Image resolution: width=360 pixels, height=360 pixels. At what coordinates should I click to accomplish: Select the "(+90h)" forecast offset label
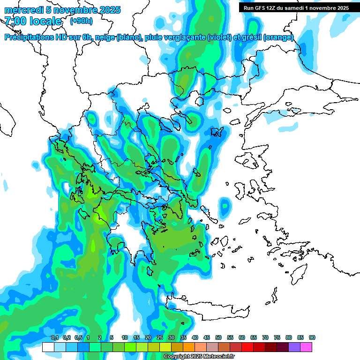(x=81, y=21)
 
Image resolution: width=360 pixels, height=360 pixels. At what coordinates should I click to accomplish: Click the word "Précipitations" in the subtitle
(x=29, y=37)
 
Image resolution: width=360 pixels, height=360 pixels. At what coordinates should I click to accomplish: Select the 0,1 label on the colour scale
(x=54, y=338)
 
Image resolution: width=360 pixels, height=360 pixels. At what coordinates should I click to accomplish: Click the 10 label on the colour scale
(x=125, y=338)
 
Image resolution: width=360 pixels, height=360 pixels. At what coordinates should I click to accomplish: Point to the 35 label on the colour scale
(x=183, y=338)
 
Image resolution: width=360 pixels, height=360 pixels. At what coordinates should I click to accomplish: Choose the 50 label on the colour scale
(x=218, y=338)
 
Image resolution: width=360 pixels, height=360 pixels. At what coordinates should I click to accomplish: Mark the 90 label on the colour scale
(x=312, y=338)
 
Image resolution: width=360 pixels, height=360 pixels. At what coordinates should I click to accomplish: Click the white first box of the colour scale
(x=48, y=347)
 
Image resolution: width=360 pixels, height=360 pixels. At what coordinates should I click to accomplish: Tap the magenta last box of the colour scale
(x=306, y=347)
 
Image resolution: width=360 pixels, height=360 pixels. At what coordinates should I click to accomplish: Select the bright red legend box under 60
(x=247, y=347)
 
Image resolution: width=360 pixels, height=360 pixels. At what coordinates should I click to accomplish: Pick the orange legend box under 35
(x=189, y=347)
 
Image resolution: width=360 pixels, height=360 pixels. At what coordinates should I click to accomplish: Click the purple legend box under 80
(x=294, y=347)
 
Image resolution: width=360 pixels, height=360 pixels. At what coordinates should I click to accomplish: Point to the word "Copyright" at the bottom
(x=176, y=357)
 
